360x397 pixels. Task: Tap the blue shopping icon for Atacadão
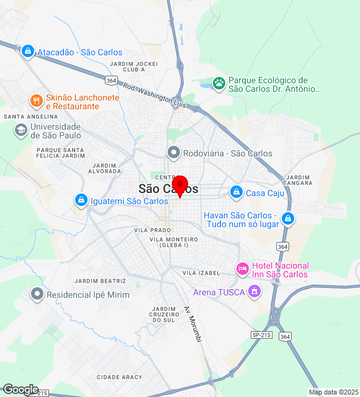click(x=27, y=51)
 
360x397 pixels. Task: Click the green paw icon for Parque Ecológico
click(x=218, y=83)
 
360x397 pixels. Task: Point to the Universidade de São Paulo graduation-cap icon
click(x=20, y=130)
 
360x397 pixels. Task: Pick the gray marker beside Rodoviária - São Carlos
click(x=174, y=153)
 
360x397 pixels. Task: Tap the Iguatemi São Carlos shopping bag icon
click(x=81, y=200)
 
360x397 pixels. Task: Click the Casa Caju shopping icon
click(x=236, y=192)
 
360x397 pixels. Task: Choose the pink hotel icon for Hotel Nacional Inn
click(x=242, y=269)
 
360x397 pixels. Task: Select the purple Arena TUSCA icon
click(x=253, y=292)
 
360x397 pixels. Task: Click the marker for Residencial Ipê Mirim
click(x=37, y=294)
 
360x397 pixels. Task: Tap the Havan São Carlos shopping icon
click(x=287, y=218)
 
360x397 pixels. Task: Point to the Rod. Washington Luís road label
click(x=155, y=94)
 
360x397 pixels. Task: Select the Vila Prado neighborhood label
click(x=148, y=230)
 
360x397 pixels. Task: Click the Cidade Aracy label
click(x=119, y=377)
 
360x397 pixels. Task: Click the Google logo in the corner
click(x=20, y=390)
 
